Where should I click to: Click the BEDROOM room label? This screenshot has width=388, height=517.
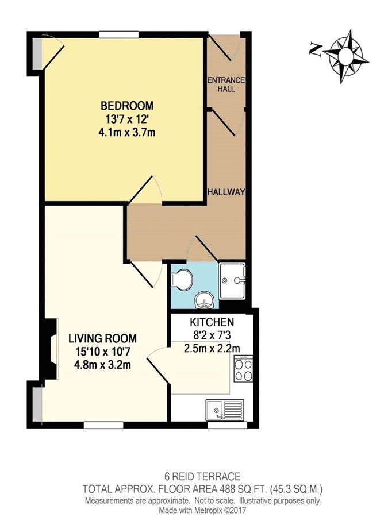[127, 106]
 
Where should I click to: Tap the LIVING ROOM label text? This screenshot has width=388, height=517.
[103, 338]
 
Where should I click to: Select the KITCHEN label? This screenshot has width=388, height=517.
[212, 322]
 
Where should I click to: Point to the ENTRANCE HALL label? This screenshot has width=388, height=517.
[226, 84]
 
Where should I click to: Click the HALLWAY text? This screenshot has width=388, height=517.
[226, 192]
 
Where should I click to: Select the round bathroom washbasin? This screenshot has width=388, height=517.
[205, 300]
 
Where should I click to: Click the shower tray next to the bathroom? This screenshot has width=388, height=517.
[232, 280]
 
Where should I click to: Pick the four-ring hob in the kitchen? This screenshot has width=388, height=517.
[243, 369]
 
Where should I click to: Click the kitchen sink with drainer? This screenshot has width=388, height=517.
[225, 410]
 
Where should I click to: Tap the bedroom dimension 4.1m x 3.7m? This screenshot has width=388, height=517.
[127, 133]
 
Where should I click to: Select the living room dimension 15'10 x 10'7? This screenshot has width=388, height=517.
[103, 352]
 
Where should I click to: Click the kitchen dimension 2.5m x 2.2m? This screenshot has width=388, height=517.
[212, 348]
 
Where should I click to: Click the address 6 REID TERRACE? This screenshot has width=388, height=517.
[202, 476]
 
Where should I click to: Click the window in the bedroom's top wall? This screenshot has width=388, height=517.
[119, 34]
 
